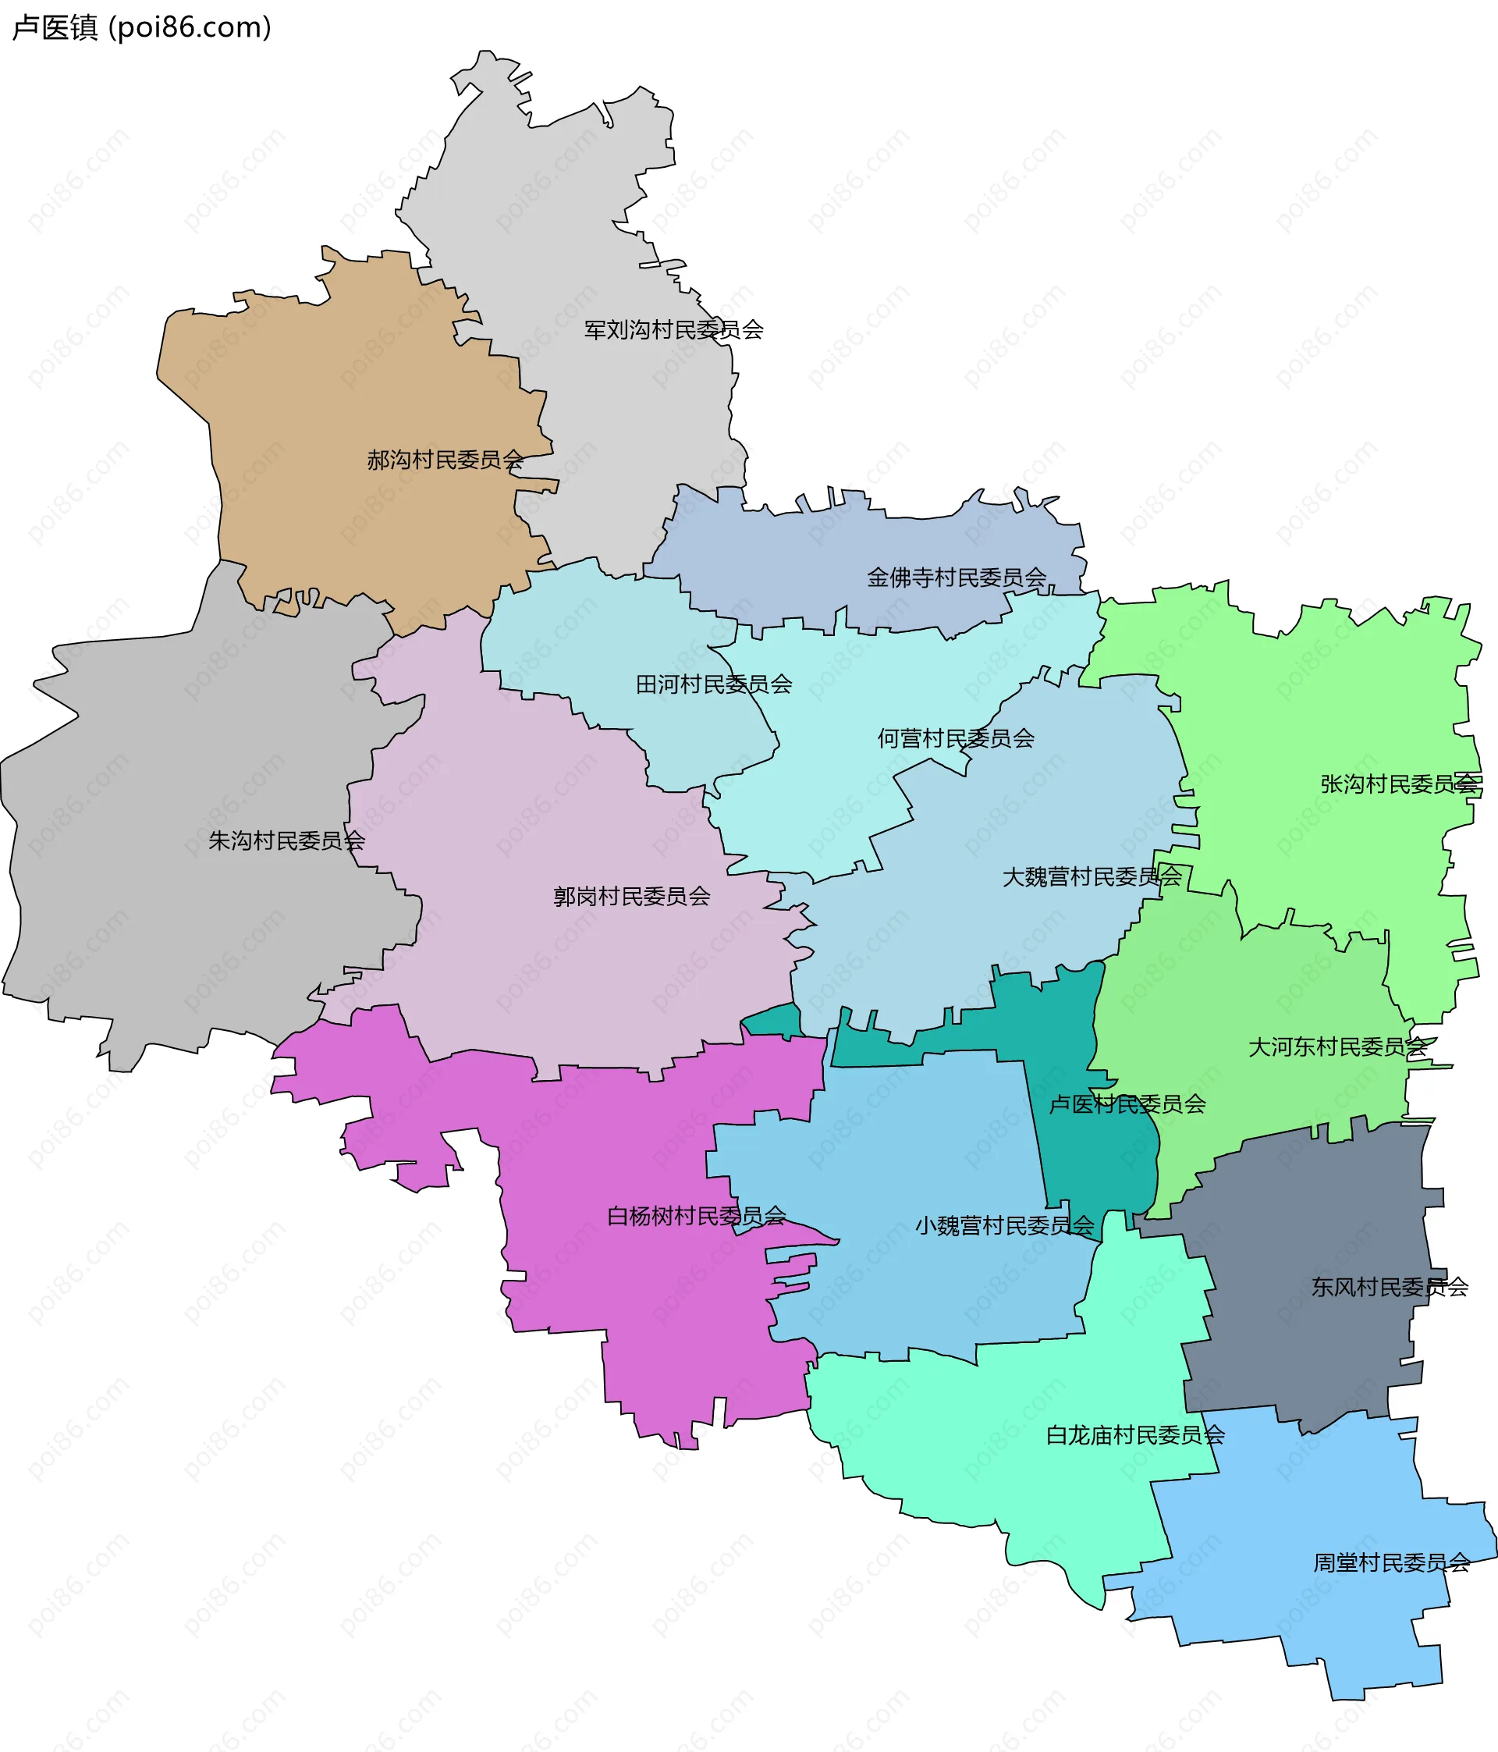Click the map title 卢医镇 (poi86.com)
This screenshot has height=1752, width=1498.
coord(141,28)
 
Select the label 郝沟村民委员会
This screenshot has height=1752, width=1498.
coord(445,460)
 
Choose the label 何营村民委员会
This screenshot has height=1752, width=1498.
coord(955,738)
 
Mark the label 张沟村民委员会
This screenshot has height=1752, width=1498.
coord(1398,784)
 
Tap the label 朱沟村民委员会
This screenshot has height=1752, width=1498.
coord(286,840)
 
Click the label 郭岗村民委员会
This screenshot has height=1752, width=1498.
coord(631,897)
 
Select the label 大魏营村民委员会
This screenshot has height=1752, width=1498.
coord(1092,877)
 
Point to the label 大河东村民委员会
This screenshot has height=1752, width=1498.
coord(1337,1047)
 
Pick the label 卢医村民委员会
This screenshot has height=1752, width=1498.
coord(1127,1103)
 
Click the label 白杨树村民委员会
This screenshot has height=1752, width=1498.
coord(696,1216)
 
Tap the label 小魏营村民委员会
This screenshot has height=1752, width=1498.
coord(1004,1225)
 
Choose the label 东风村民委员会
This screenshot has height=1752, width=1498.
coord(1389,1287)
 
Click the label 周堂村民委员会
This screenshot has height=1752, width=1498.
coord(1390,1562)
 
